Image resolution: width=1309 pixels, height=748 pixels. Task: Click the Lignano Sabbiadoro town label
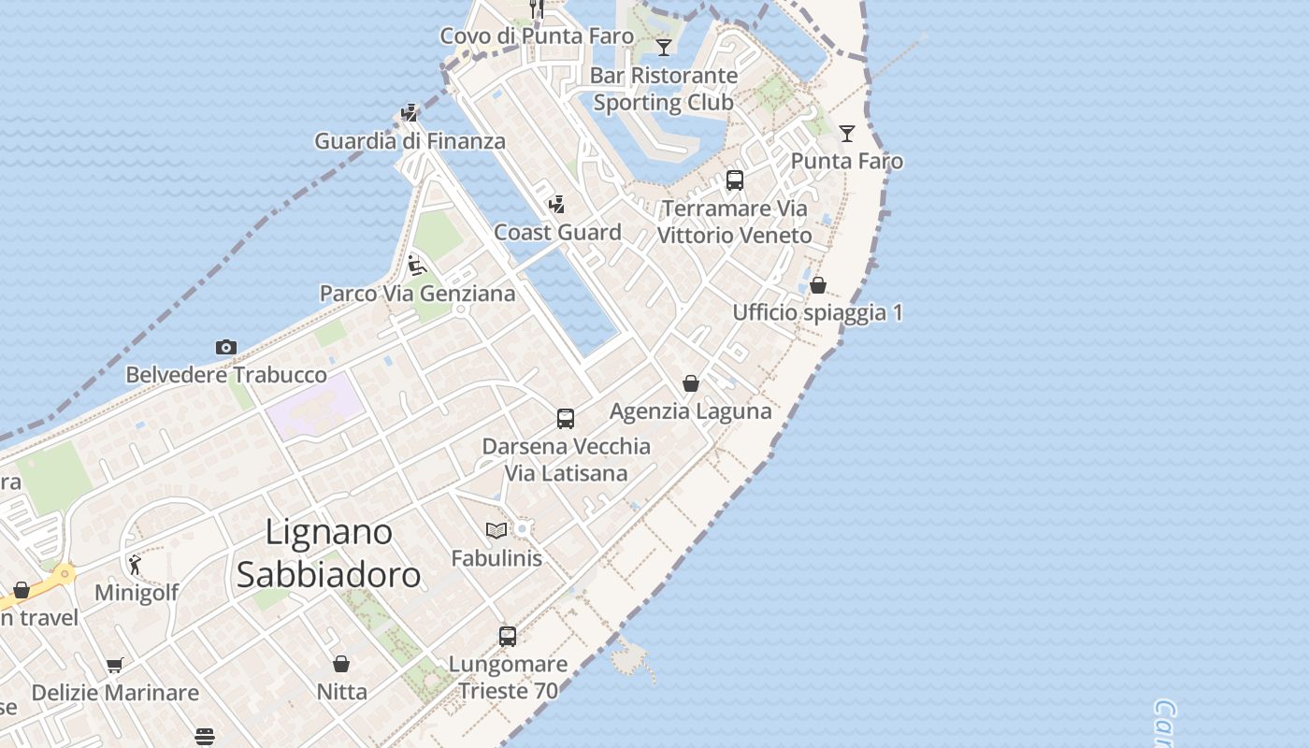[327, 553]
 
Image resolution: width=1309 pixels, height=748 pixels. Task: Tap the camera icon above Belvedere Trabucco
[225, 348]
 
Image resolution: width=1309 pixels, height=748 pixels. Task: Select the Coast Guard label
[557, 232]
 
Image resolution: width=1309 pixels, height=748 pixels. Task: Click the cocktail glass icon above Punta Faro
[847, 134]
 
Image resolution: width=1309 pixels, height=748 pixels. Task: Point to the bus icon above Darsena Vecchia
[565, 418]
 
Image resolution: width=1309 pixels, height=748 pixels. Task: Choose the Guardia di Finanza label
[410, 141]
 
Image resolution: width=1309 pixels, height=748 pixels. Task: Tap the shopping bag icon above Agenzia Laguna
[691, 383]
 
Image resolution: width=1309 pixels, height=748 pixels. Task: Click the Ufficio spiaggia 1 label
[817, 312]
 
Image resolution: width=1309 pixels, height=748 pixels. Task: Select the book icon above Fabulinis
[496, 531]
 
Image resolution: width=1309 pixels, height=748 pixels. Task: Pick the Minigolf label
[137, 593]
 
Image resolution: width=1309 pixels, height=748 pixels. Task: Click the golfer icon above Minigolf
[136, 565]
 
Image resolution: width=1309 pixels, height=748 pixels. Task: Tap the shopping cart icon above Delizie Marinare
[115, 665]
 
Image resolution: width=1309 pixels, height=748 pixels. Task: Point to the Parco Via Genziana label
[417, 294]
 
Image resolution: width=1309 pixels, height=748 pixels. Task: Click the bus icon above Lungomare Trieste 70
[508, 637]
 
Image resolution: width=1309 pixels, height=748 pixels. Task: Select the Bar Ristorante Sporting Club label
[664, 89]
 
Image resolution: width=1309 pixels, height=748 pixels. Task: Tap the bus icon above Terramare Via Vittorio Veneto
[735, 180]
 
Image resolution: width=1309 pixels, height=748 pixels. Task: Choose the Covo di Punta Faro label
[537, 36]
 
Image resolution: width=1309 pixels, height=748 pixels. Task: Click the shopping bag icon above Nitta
[341, 664]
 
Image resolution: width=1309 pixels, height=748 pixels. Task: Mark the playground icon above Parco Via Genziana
[417, 266]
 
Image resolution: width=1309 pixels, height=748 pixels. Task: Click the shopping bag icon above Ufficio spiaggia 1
[818, 285]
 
